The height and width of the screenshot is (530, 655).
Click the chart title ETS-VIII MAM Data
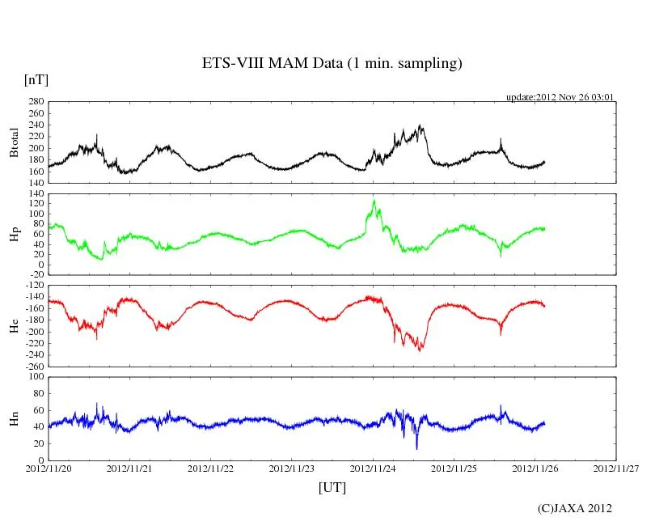(x=332, y=64)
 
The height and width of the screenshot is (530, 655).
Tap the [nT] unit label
(x=36, y=80)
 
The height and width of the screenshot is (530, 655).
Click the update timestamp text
(x=560, y=97)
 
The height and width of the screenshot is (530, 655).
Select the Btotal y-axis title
(x=15, y=142)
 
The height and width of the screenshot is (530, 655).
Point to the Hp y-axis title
(x=15, y=234)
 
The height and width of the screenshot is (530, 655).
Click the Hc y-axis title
(x=15, y=325)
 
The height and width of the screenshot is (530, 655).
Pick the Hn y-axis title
(x=15, y=418)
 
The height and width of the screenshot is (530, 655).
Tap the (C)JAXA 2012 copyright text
(x=574, y=508)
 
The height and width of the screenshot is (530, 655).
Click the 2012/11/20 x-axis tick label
(x=49, y=468)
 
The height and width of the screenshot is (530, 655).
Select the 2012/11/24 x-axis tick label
(x=374, y=468)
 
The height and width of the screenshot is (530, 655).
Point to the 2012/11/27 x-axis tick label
(x=616, y=468)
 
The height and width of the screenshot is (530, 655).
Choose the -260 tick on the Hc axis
(x=33, y=367)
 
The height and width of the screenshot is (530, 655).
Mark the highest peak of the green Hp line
(x=374, y=200)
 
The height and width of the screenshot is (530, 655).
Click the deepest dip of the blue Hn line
(x=416, y=448)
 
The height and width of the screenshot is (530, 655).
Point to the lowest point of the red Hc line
(x=420, y=350)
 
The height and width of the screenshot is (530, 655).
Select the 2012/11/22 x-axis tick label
(x=212, y=468)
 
